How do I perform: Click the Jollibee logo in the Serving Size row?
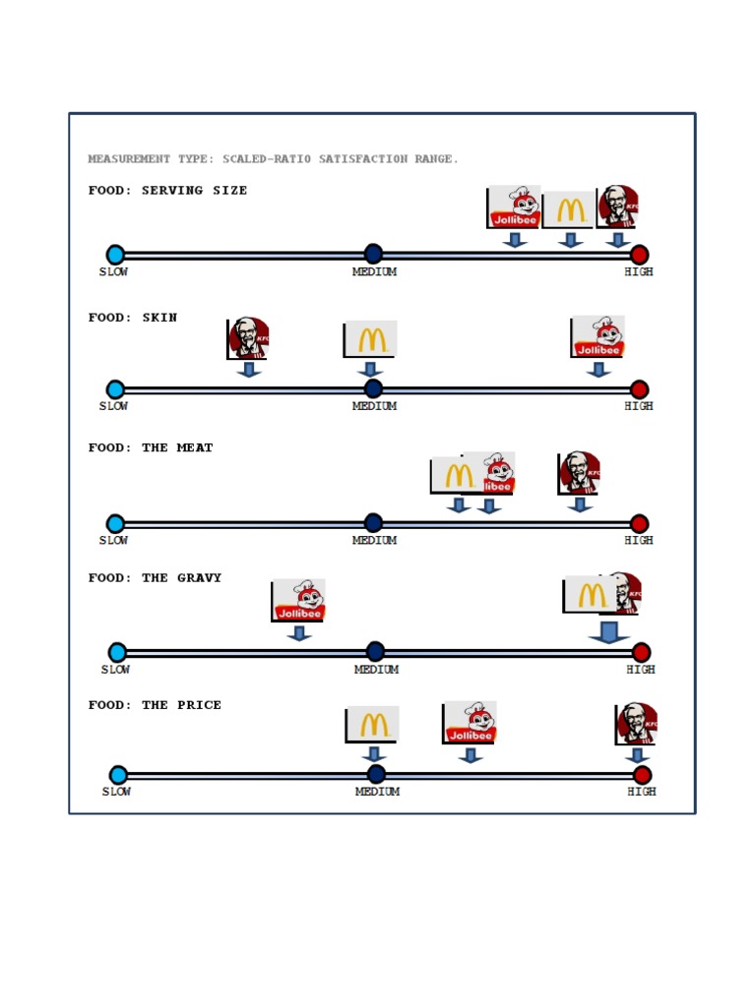click(x=514, y=207)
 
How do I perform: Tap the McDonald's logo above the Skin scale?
click(x=371, y=339)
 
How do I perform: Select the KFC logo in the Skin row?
click(x=248, y=337)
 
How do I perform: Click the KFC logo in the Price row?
click(x=637, y=724)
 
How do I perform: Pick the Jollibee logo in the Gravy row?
click(x=298, y=600)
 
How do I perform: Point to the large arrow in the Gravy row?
click(x=609, y=632)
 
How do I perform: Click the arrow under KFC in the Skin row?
click(x=249, y=370)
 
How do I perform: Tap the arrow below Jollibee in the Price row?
click(x=471, y=755)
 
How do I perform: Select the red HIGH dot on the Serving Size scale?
click(x=639, y=255)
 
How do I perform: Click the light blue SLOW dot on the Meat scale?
click(x=115, y=523)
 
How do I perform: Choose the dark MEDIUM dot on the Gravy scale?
click(x=375, y=651)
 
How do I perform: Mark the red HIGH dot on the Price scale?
click(x=643, y=775)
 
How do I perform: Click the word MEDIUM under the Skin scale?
click(x=374, y=406)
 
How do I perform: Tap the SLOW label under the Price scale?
click(x=116, y=792)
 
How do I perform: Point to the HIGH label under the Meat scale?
click(x=639, y=540)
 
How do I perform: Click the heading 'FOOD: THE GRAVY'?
click(x=155, y=578)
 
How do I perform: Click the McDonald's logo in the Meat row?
click(x=456, y=475)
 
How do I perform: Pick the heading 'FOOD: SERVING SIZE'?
click(x=167, y=191)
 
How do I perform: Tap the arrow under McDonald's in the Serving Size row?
click(x=570, y=240)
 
